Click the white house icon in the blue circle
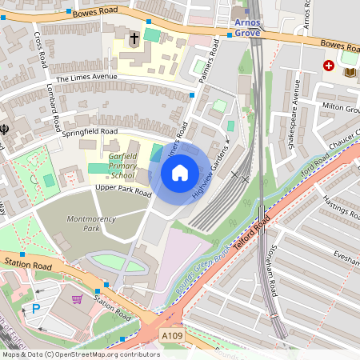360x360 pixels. coord(180,172)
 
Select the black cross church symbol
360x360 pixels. coord(134,38)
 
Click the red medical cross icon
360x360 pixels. coord(328,66)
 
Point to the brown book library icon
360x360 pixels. coord(349,73)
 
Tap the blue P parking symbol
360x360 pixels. coord(35,307)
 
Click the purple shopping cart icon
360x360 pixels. coord(78,299)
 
